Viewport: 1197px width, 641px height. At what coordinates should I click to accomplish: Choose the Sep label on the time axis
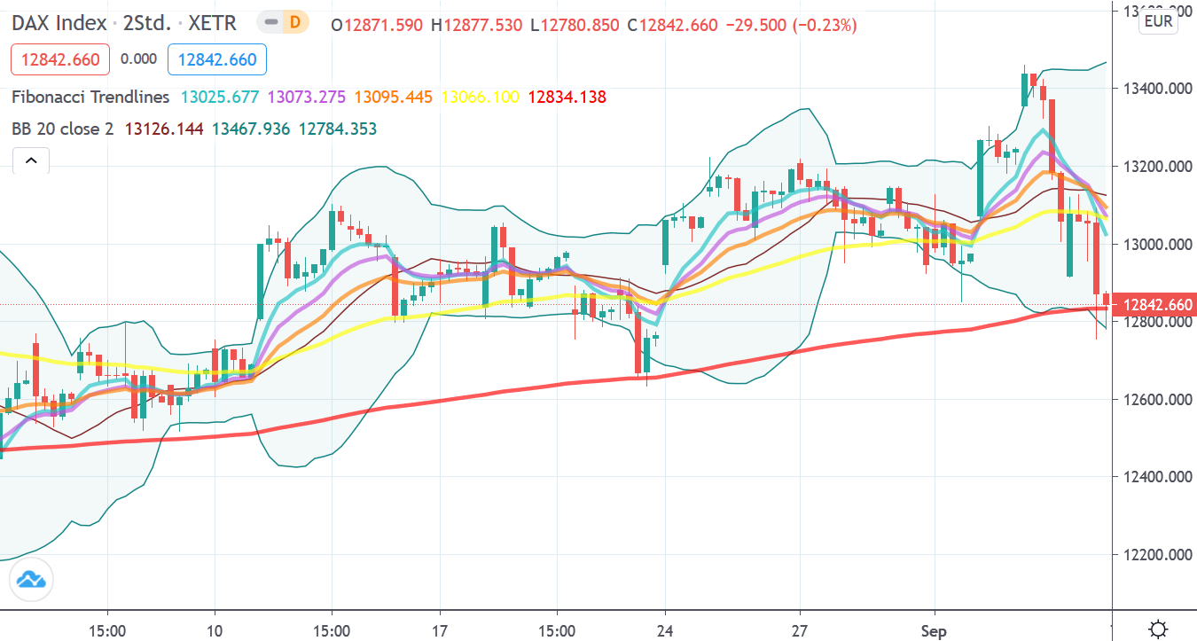(934, 631)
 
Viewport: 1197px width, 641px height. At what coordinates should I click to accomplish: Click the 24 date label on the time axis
(665, 631)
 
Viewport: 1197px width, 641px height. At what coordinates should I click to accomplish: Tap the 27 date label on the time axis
(800, 631)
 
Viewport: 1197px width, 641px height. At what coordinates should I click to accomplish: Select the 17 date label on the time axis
(440, 631)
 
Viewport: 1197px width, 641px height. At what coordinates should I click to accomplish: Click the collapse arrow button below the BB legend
(31, 160)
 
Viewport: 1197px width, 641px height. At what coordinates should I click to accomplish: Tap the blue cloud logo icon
(31, 581)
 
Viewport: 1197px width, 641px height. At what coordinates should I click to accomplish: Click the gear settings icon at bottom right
(1157, 629)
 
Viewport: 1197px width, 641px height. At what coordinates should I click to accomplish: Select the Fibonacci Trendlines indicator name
(90, 97)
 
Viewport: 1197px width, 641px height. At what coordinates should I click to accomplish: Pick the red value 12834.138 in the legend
(567, 97)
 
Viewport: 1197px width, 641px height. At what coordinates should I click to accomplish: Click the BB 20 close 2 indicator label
(62, 129)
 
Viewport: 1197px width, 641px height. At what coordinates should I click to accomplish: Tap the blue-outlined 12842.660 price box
(217, 59)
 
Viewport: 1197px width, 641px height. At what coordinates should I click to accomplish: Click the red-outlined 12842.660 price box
(60, 59)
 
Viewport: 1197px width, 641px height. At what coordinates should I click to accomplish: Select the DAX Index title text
(59, 23)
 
